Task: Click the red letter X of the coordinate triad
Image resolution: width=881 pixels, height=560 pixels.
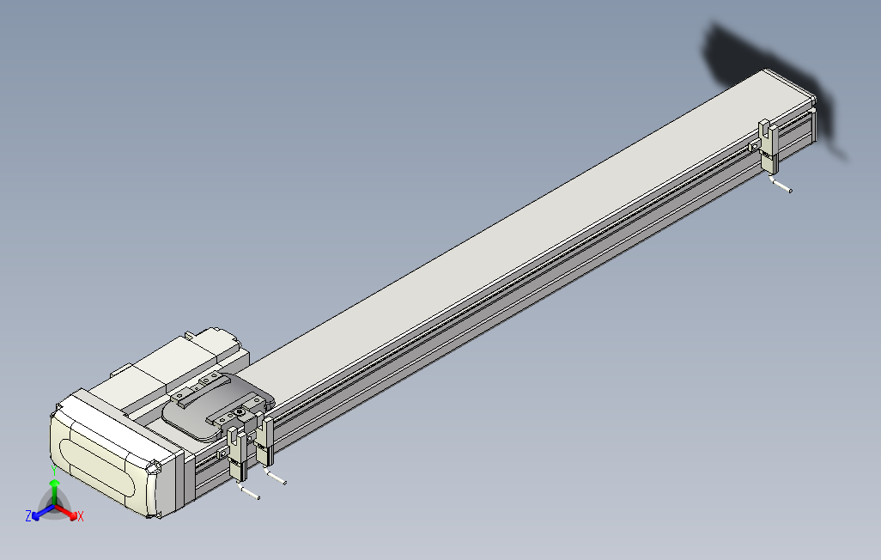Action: [80, 516]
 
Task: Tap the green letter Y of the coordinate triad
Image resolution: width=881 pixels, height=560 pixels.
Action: [54, 470]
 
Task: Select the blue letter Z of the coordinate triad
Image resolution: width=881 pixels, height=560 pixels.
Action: [28, 516]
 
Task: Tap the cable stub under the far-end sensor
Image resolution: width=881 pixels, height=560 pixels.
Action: [781, 186]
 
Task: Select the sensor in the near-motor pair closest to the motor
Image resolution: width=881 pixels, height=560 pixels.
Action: [237, 451]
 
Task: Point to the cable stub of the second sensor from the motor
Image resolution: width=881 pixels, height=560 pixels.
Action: [276, 478]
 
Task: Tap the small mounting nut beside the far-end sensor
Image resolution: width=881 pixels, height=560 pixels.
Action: [752, 147]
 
